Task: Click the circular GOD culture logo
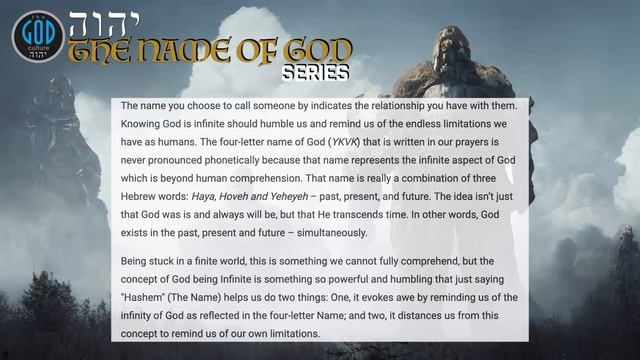pyautogui.click(x=38, y=37)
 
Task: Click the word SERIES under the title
pyautogui.click(x=315, y=73)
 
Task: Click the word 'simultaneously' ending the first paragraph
pyautogui.click(x=321, y=233)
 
